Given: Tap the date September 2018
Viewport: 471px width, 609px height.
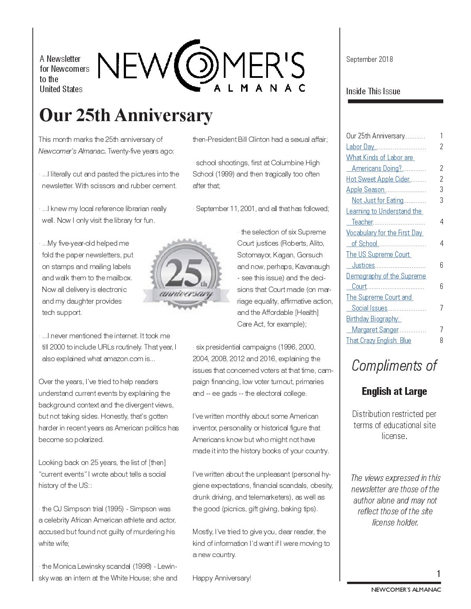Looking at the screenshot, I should tap(369, 59).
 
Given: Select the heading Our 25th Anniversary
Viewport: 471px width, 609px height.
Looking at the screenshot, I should tap(126, 115).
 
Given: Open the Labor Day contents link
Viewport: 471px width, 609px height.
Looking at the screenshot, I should tap(360, 147).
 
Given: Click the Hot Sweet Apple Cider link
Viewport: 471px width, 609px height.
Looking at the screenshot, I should tap(378, 179).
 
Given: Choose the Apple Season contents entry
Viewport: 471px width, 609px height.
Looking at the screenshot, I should tap(365, 189).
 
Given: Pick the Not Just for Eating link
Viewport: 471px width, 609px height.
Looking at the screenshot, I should tap(377, 200).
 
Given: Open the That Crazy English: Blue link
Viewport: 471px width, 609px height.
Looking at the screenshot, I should tap(378, 340).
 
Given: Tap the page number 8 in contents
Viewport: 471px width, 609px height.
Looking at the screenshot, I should tap(441, 340).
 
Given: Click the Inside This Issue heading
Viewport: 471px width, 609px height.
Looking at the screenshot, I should tap(373, 91).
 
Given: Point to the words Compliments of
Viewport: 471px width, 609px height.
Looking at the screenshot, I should tap(394, 365).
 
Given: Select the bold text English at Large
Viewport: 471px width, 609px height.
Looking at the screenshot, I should tap(394, 391).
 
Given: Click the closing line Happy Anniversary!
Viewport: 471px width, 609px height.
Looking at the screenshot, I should tap(222, 578).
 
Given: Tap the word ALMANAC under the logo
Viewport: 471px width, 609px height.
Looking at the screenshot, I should tap(260, 88).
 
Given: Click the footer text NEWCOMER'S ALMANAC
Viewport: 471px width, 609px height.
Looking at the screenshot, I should tap(406, 589).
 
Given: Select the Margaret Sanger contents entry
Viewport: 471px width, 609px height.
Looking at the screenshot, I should tap(374, 330).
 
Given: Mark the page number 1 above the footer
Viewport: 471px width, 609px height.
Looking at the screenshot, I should tap(439, 574).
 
